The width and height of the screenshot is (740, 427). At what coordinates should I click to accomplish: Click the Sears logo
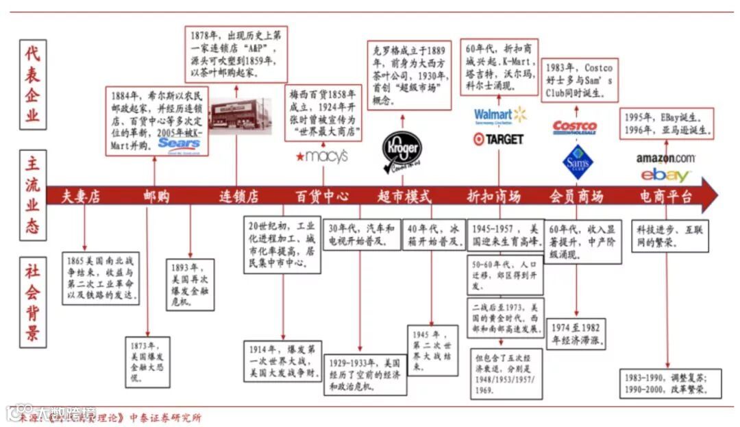coord(179,143)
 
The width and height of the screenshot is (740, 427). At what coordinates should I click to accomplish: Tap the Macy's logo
coord(321,156)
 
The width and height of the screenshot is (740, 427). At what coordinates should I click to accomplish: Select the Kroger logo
coord(402,149)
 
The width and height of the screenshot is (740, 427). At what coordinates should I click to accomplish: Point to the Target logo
coord(498,138)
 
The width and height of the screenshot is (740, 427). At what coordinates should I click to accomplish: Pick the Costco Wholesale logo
coord(575,127)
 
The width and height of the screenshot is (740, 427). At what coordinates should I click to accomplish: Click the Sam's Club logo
coord(577,162)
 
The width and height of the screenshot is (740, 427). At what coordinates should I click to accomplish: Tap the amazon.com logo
coord(665,158)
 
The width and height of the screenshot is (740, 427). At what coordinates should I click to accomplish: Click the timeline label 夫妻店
coord(81,197)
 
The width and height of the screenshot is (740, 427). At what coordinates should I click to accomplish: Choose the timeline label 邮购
coord(156,197)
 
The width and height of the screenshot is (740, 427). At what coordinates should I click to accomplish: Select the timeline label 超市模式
coord(404,197)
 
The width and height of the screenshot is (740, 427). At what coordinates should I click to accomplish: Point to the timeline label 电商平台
coord(666,197)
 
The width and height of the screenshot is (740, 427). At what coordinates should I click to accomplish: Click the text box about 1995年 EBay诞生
coord(666,123)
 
